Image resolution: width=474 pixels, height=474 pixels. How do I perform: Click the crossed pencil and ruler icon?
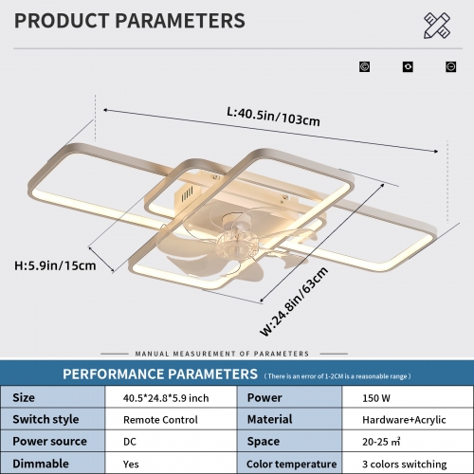437,26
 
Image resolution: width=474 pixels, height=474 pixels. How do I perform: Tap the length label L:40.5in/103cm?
273,117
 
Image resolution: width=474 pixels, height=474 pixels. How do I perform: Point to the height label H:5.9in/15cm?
55,265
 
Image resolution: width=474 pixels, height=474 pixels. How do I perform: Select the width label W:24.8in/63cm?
294,301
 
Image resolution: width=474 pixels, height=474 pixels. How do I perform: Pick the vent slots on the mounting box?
187,193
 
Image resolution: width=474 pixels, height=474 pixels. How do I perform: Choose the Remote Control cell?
160,420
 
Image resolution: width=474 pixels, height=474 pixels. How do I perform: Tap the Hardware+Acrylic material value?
404,420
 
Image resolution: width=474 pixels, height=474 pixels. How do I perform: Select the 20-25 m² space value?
381,442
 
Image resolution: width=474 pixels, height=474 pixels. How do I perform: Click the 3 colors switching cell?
405,464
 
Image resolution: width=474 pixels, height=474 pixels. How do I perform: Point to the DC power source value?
130,442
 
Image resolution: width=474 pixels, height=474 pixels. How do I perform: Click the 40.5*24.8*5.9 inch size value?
166,398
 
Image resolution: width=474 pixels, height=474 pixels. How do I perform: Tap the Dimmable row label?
41,464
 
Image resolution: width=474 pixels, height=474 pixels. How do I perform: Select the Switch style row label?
46,419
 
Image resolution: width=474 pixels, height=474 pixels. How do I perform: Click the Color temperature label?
291,464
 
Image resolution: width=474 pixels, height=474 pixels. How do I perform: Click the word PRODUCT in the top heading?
62,21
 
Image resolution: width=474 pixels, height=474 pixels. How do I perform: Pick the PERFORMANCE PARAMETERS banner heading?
160,374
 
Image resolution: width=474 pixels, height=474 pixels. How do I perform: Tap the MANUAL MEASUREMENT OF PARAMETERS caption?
222,354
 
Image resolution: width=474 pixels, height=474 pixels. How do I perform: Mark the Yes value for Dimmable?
131,465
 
